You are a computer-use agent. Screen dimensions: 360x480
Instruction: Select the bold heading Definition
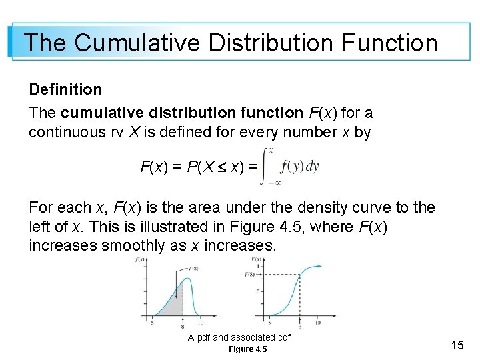65,89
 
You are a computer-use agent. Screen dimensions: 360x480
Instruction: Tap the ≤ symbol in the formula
223,167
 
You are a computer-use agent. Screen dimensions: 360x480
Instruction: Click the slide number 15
457,345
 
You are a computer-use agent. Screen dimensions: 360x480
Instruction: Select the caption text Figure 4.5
247,349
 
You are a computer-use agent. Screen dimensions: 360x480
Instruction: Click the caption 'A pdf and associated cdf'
239,337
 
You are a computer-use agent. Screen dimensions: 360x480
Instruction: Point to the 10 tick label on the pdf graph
207,323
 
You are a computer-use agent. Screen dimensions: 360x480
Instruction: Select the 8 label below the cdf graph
299,326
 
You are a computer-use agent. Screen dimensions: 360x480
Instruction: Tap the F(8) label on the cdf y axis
251,274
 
